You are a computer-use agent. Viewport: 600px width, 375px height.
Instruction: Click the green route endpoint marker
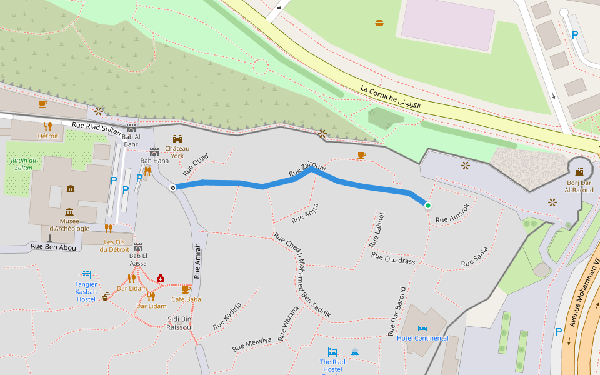click(x=428, y=206)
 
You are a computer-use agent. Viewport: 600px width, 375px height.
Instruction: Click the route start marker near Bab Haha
click(x=172, y=187)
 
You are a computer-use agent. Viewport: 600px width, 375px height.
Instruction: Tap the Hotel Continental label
click(x=422, y=338)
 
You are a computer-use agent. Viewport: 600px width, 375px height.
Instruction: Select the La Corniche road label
click(x=390, y=97)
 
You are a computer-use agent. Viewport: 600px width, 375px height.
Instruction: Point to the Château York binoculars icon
click(x=177, y=139)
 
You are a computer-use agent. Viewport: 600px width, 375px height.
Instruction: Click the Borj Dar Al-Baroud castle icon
click(x=579, y=171)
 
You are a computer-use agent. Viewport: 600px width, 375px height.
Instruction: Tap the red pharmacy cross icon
click(x=161, y=277)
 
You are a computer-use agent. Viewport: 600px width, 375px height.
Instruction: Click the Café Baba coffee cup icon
click(x=186, y=289)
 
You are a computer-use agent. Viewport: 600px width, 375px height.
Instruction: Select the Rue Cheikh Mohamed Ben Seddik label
click(x=302, y=276)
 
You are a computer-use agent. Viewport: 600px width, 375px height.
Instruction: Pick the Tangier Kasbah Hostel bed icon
click(x=86, y=274)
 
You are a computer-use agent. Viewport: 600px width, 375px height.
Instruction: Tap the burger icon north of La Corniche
click(x=379, y=23)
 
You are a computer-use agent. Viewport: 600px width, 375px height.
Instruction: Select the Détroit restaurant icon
click(x=48, y=126)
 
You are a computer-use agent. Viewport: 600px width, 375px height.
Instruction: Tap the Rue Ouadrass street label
click(x=392, y=258)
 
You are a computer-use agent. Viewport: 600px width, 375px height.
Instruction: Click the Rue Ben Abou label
click(x=53, y=247)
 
